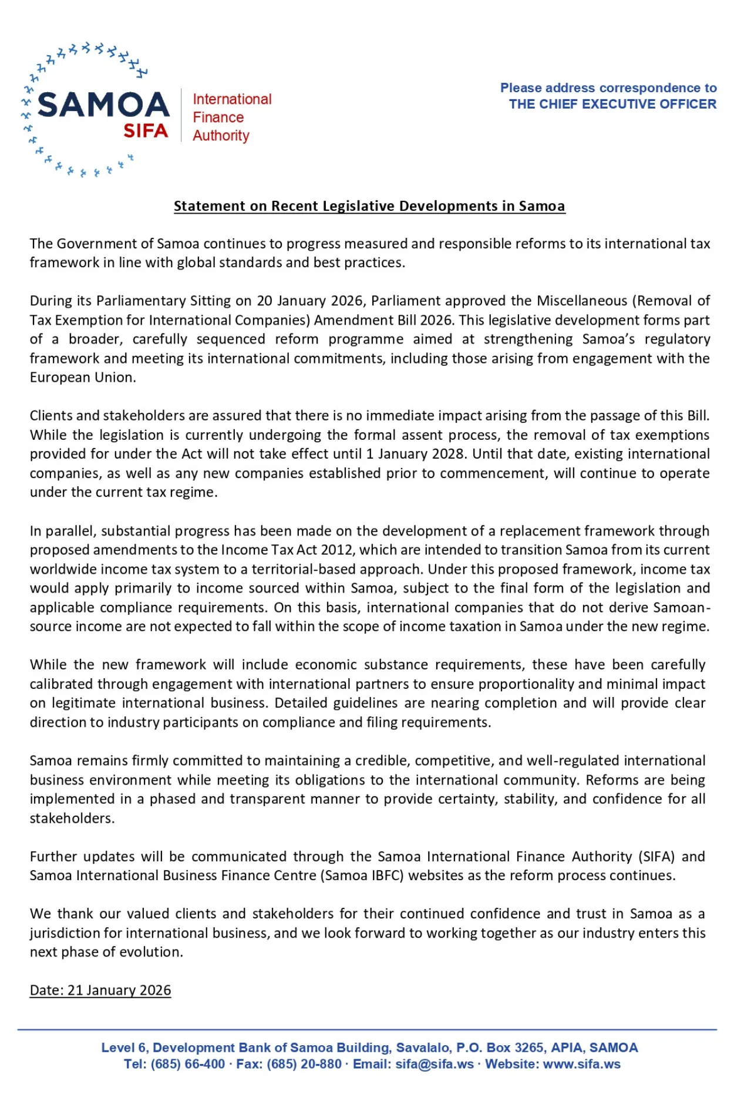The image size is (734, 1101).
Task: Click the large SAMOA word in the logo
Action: (103, 105)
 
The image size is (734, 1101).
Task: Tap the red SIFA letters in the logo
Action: (146, 130)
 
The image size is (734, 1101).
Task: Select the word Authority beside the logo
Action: (221, 136)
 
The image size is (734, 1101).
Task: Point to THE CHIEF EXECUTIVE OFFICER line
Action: (612, 105)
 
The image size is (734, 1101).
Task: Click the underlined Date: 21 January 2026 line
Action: (100, 991)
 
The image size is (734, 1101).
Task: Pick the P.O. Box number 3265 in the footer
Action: (530, 1048)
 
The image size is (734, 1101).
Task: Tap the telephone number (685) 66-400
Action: (188, 1064)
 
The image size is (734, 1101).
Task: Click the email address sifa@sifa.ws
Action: (435, 1064)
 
